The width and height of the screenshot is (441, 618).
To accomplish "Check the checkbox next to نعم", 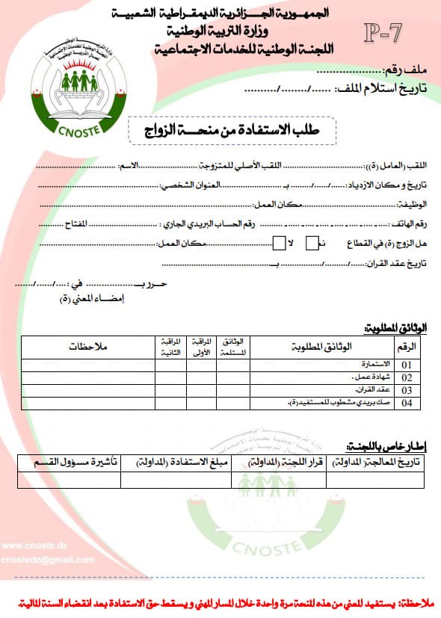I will pos(312,242).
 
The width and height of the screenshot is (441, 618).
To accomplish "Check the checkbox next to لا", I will pos(278,242).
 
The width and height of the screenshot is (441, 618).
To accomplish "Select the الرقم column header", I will pos(408,347).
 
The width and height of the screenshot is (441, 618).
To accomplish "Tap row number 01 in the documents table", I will pos(407,365).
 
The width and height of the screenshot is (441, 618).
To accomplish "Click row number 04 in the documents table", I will pos(407,404).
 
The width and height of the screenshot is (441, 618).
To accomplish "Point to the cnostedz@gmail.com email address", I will pos(48,560).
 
